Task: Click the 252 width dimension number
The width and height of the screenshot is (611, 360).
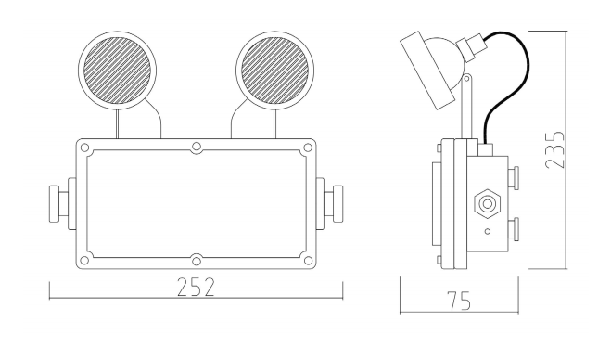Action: [x=196, y=287]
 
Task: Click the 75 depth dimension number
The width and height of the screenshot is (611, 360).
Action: [x=460, y=301]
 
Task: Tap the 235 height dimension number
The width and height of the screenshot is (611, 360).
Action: [x=554, y=149]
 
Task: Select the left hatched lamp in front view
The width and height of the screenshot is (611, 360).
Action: [x=118, y=71]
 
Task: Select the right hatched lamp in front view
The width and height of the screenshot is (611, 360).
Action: [x=274, y=71]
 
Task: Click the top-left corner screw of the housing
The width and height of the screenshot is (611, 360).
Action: [x=84, y=148]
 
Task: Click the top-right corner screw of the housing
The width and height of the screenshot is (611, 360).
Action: [x=308, y=148]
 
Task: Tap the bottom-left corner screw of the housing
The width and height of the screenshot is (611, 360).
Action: [x=84, y=260]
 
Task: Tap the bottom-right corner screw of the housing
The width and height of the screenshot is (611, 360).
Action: [x=308, y=260]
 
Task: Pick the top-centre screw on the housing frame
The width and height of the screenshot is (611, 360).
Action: [x=197, y=148]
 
